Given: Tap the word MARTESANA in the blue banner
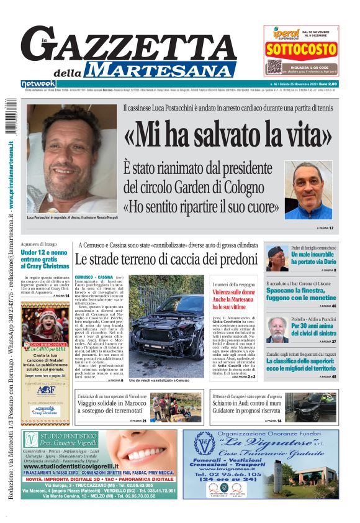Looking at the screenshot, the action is click(166, 70).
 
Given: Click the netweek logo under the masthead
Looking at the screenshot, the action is click(38, 84).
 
